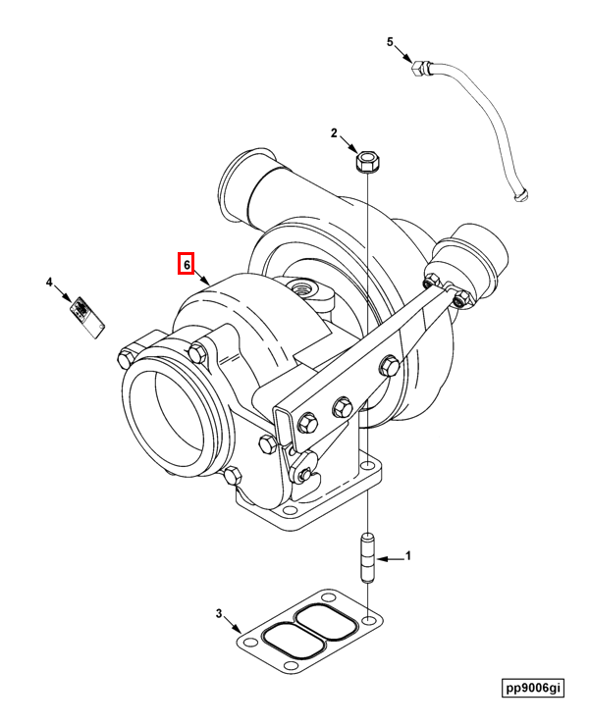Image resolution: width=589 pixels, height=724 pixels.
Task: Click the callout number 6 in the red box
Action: click(x=186, y=264)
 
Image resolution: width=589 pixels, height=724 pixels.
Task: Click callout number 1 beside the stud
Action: click(x=408, y=556)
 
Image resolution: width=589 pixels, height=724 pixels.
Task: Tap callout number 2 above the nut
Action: click(x=334, y=132)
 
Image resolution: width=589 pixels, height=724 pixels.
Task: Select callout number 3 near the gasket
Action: click(x=219, y=615)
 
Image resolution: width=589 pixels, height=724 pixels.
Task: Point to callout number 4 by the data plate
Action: click(x=49, y=283)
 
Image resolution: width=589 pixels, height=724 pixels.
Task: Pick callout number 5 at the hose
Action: click(x=390, y=42)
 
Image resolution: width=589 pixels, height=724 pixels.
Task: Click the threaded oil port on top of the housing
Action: click(x=299, y=286)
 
